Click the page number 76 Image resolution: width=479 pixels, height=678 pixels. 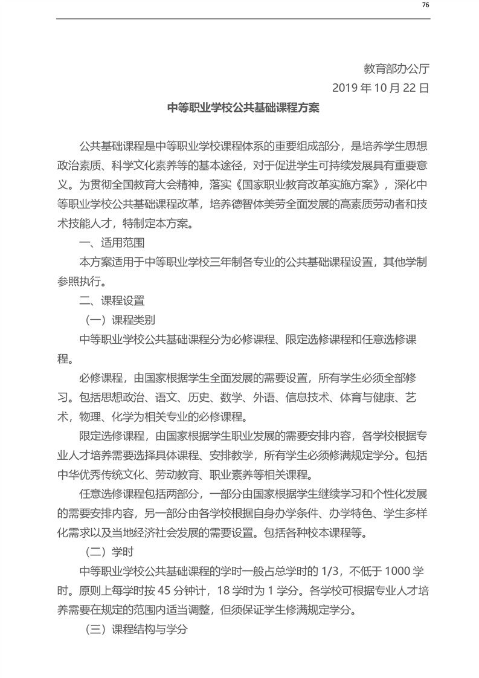425,5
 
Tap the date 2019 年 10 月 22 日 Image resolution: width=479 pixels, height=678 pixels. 381,88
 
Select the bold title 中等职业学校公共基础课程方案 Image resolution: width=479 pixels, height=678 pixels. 243,109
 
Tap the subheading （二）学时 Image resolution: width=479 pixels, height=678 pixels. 107,551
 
